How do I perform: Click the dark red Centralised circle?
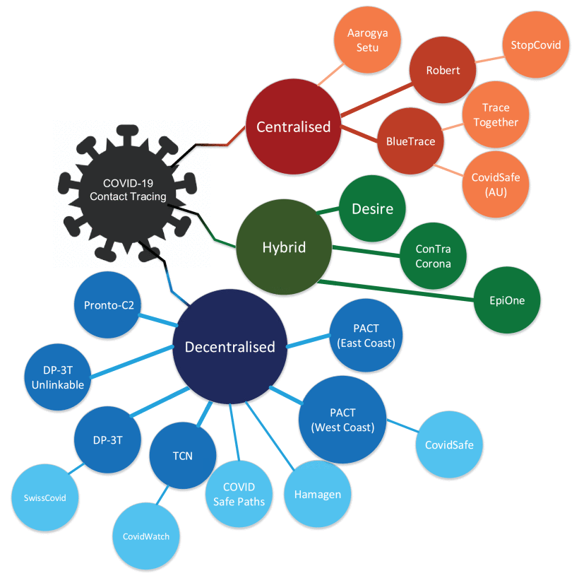(293, 127)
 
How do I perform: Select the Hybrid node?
(285, 248)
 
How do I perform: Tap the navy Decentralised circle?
(229, 347)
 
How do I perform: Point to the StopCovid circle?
(535, 45)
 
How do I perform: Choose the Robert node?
(443, 71)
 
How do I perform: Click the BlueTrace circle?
(410, 141)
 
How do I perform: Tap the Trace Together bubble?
(495, 115)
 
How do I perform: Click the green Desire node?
(371, 209)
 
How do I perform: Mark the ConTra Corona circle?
(432, 256)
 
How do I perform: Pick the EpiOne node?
(507, 300)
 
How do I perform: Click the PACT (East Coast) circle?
(366, 336)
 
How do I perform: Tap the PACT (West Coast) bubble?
(343, 420)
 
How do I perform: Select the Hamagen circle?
(317, 494)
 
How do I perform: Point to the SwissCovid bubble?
(40, 497)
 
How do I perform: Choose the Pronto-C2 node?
(108, 305)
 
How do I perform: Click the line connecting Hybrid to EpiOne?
(395, 291)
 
